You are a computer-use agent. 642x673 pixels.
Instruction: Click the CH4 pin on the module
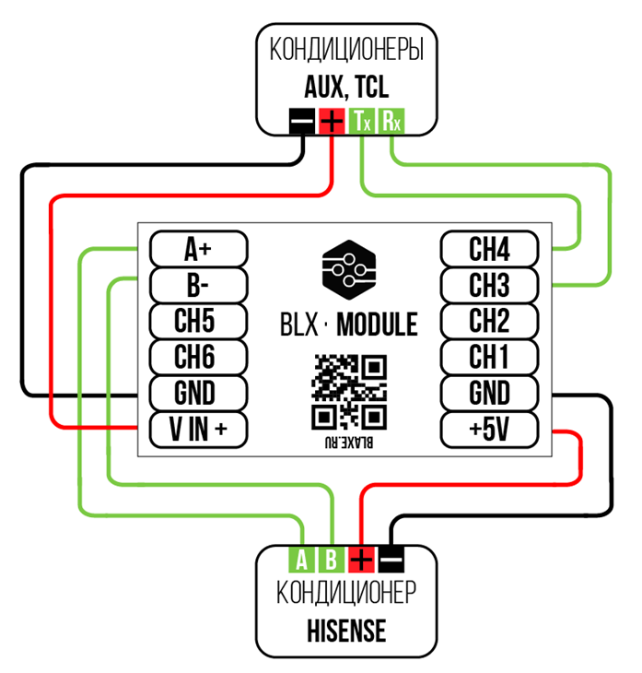[489, 249]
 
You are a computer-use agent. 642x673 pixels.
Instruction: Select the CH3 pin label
[489, 285]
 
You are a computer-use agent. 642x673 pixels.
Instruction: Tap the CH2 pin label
[489, 321]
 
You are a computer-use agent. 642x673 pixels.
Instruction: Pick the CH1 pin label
[489, 357]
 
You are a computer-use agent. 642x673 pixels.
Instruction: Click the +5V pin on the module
[489, 429]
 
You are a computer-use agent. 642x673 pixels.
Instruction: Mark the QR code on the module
[347, 391]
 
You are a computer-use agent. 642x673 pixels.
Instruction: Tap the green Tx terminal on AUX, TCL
[361, 121]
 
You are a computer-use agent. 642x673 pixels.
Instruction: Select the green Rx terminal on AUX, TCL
[391, 121]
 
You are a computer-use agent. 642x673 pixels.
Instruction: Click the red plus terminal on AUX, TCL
[332, 121]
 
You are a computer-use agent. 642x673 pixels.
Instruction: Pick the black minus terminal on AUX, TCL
[302, 121]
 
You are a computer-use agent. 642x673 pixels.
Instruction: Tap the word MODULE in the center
[377, 325]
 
